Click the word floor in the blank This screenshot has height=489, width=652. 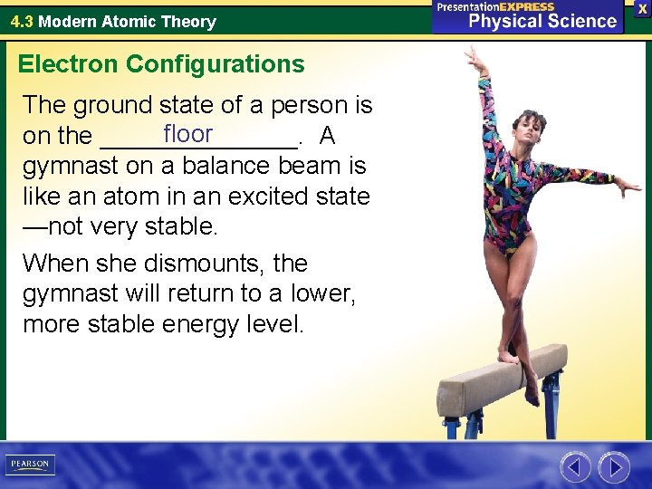click(187, 135)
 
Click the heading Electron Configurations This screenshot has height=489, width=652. click(161, 64)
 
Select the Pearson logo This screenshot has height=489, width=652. click(30, 465)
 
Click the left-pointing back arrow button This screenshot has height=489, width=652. click(575, 467)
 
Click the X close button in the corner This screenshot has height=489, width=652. click(642, 8)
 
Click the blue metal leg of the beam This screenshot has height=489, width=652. click(549, 403)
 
